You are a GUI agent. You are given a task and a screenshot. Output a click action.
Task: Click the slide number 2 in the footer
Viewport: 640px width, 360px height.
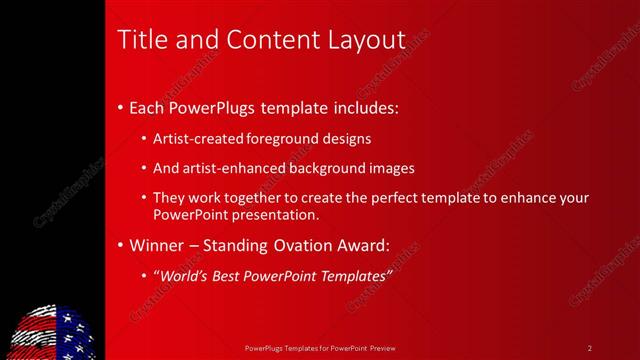pyautogui.click(x=589, y=347)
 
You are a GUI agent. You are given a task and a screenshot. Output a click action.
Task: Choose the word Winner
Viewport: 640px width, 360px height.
pyautogui.click(x=159, y=244)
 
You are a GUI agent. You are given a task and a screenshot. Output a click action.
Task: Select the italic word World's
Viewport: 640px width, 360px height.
pyautogui.click(x=183, y=275)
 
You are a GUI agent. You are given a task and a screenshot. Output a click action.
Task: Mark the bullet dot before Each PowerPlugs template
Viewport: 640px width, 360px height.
pyautogui.click(x=121, y=105)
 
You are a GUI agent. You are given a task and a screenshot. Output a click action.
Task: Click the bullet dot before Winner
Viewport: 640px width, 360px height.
pyautogui.click(x=121, y=244)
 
